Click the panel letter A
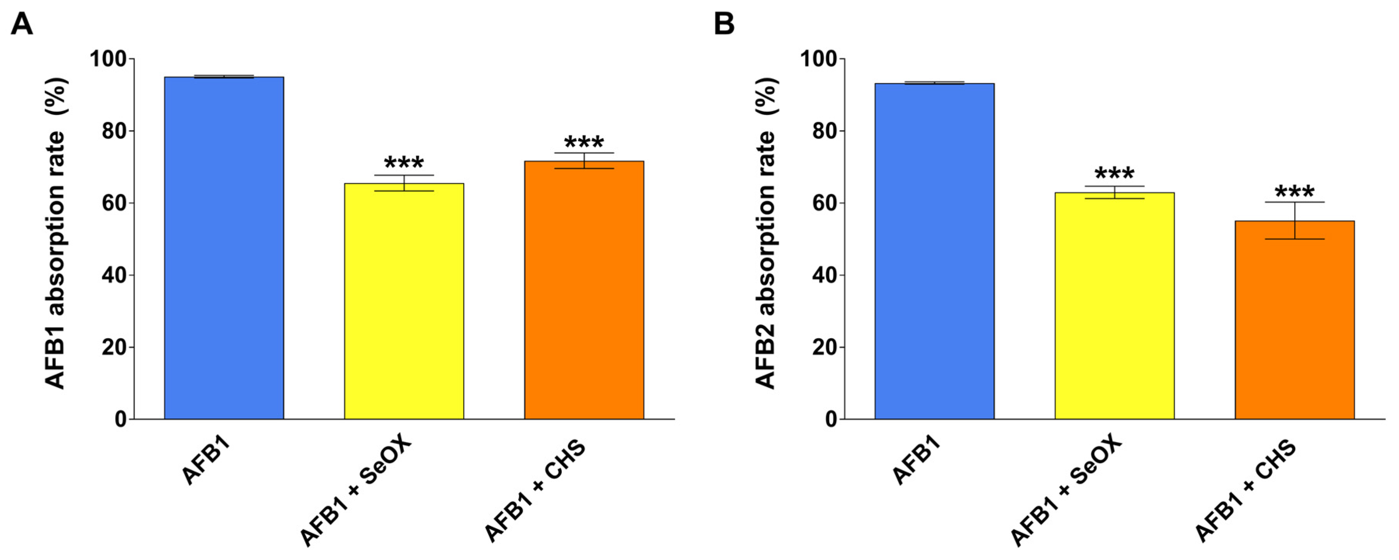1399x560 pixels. coord(22,24)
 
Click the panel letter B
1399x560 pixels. coord(724,24)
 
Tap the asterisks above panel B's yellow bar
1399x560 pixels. coord(1114,174)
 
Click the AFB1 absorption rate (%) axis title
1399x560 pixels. coord(55,233)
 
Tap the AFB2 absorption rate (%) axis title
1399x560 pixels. coord(766,233)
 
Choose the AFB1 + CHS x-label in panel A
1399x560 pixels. coord(535,491)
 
